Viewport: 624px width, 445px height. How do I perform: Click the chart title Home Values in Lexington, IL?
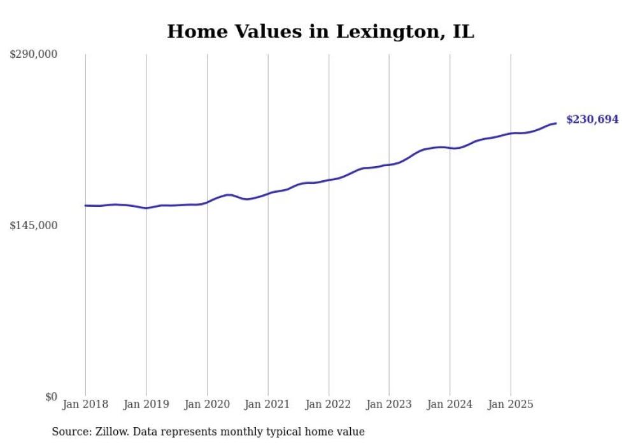320,32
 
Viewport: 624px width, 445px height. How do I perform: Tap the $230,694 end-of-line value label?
592,119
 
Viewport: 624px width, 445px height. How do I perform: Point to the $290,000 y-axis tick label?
33,55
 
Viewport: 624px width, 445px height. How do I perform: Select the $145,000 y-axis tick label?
33,225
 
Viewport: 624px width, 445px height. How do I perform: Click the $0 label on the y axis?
51,397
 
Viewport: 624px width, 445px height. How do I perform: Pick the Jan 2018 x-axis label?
85,404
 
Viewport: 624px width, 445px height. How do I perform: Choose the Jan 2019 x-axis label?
146,404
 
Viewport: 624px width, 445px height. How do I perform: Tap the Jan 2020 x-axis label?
207,404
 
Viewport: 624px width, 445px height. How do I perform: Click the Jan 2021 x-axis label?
267,404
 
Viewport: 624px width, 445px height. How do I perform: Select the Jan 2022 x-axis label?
329,404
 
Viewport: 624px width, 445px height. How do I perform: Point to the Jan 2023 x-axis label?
389,404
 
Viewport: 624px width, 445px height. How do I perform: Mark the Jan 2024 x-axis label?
450,404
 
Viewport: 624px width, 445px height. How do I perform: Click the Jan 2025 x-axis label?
510,404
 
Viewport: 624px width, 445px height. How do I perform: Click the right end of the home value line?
556,123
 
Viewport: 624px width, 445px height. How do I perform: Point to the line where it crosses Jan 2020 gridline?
207,202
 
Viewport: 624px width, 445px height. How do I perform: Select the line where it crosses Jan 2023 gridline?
389,164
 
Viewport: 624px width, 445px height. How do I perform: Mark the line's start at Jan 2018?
85,206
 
